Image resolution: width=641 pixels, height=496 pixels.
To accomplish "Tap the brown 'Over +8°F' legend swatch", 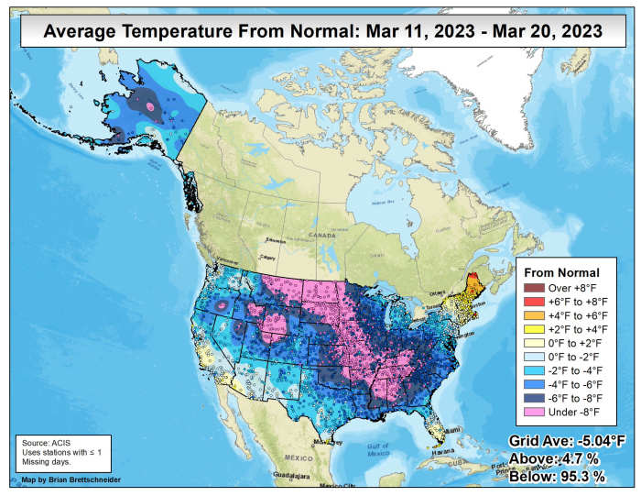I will click(532, 288).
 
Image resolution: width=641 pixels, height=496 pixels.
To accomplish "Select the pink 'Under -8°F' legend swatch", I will click(532, 412).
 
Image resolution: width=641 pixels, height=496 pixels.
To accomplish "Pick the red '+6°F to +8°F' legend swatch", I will click(532, 302).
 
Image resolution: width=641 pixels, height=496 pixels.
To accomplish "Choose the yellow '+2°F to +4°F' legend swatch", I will click(532, 329).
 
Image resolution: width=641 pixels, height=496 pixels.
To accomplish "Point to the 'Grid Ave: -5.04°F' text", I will click(568, 442).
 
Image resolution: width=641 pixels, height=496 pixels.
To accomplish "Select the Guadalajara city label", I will click(294, 477).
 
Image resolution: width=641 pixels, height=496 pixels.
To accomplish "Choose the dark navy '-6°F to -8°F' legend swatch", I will click(532, 398).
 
